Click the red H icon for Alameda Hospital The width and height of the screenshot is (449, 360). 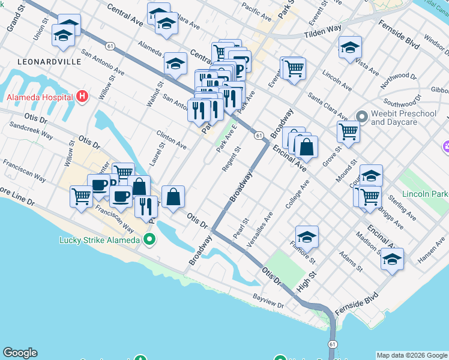click(x=83, y=97)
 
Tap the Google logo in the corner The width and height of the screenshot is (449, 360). click(x=20, y=353)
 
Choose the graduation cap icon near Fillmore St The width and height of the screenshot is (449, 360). click(x=307, y=236)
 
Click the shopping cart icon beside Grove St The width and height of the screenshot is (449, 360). click(x=348, y=131)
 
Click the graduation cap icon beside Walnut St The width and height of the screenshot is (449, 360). click(x=175, y=62)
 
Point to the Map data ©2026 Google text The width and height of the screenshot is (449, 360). click(x=412, y=355)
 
